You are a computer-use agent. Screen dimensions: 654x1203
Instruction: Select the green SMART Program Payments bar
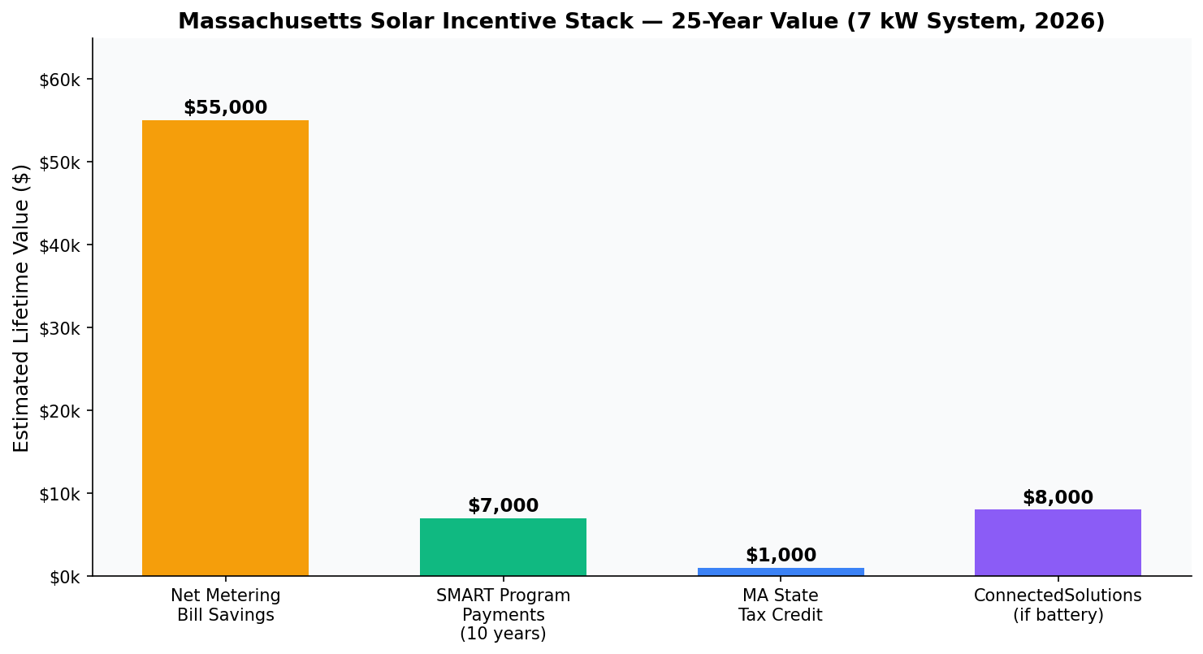click(503, 547)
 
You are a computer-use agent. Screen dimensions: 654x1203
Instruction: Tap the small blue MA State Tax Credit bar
click(780, 572)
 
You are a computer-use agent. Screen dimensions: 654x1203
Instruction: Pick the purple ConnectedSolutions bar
click(1058, 543)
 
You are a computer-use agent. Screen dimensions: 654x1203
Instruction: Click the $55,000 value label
click(225, 108)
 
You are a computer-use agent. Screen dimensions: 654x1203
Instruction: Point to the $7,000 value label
click(503, 506)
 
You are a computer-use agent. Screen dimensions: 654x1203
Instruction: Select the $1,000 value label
click(780, 556)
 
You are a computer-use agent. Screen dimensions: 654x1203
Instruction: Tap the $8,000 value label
click(1058, 498)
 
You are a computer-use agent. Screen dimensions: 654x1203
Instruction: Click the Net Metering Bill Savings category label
click(225, 605)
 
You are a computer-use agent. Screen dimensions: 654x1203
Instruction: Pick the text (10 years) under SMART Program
click(503, 635)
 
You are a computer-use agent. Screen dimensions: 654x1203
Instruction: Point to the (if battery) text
click(1058, 615)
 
